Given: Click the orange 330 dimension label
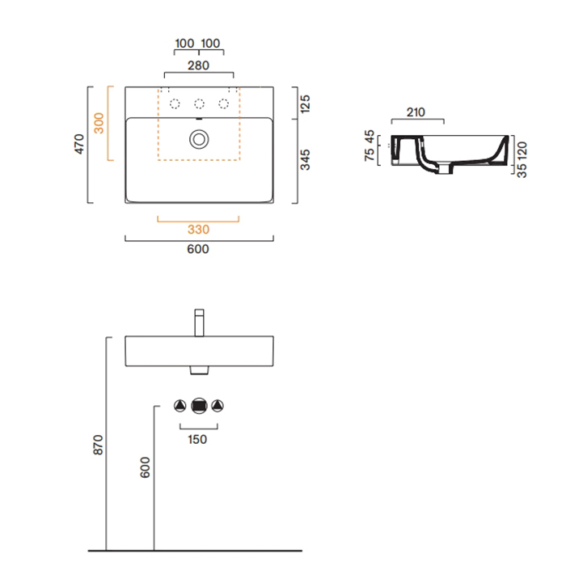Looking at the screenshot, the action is [198, 230].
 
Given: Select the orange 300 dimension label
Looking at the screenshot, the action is [99, 123].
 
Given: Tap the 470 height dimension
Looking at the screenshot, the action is [79, 144].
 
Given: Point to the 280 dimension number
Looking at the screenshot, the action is [198, 65].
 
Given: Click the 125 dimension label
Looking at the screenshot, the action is [305, 104].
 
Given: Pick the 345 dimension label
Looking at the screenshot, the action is [305, 160].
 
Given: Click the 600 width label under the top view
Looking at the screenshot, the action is [198, 249].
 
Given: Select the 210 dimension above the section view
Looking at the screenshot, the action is [416, 112].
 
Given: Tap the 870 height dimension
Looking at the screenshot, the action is [98, 445].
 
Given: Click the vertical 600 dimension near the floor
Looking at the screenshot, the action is [145, 467].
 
